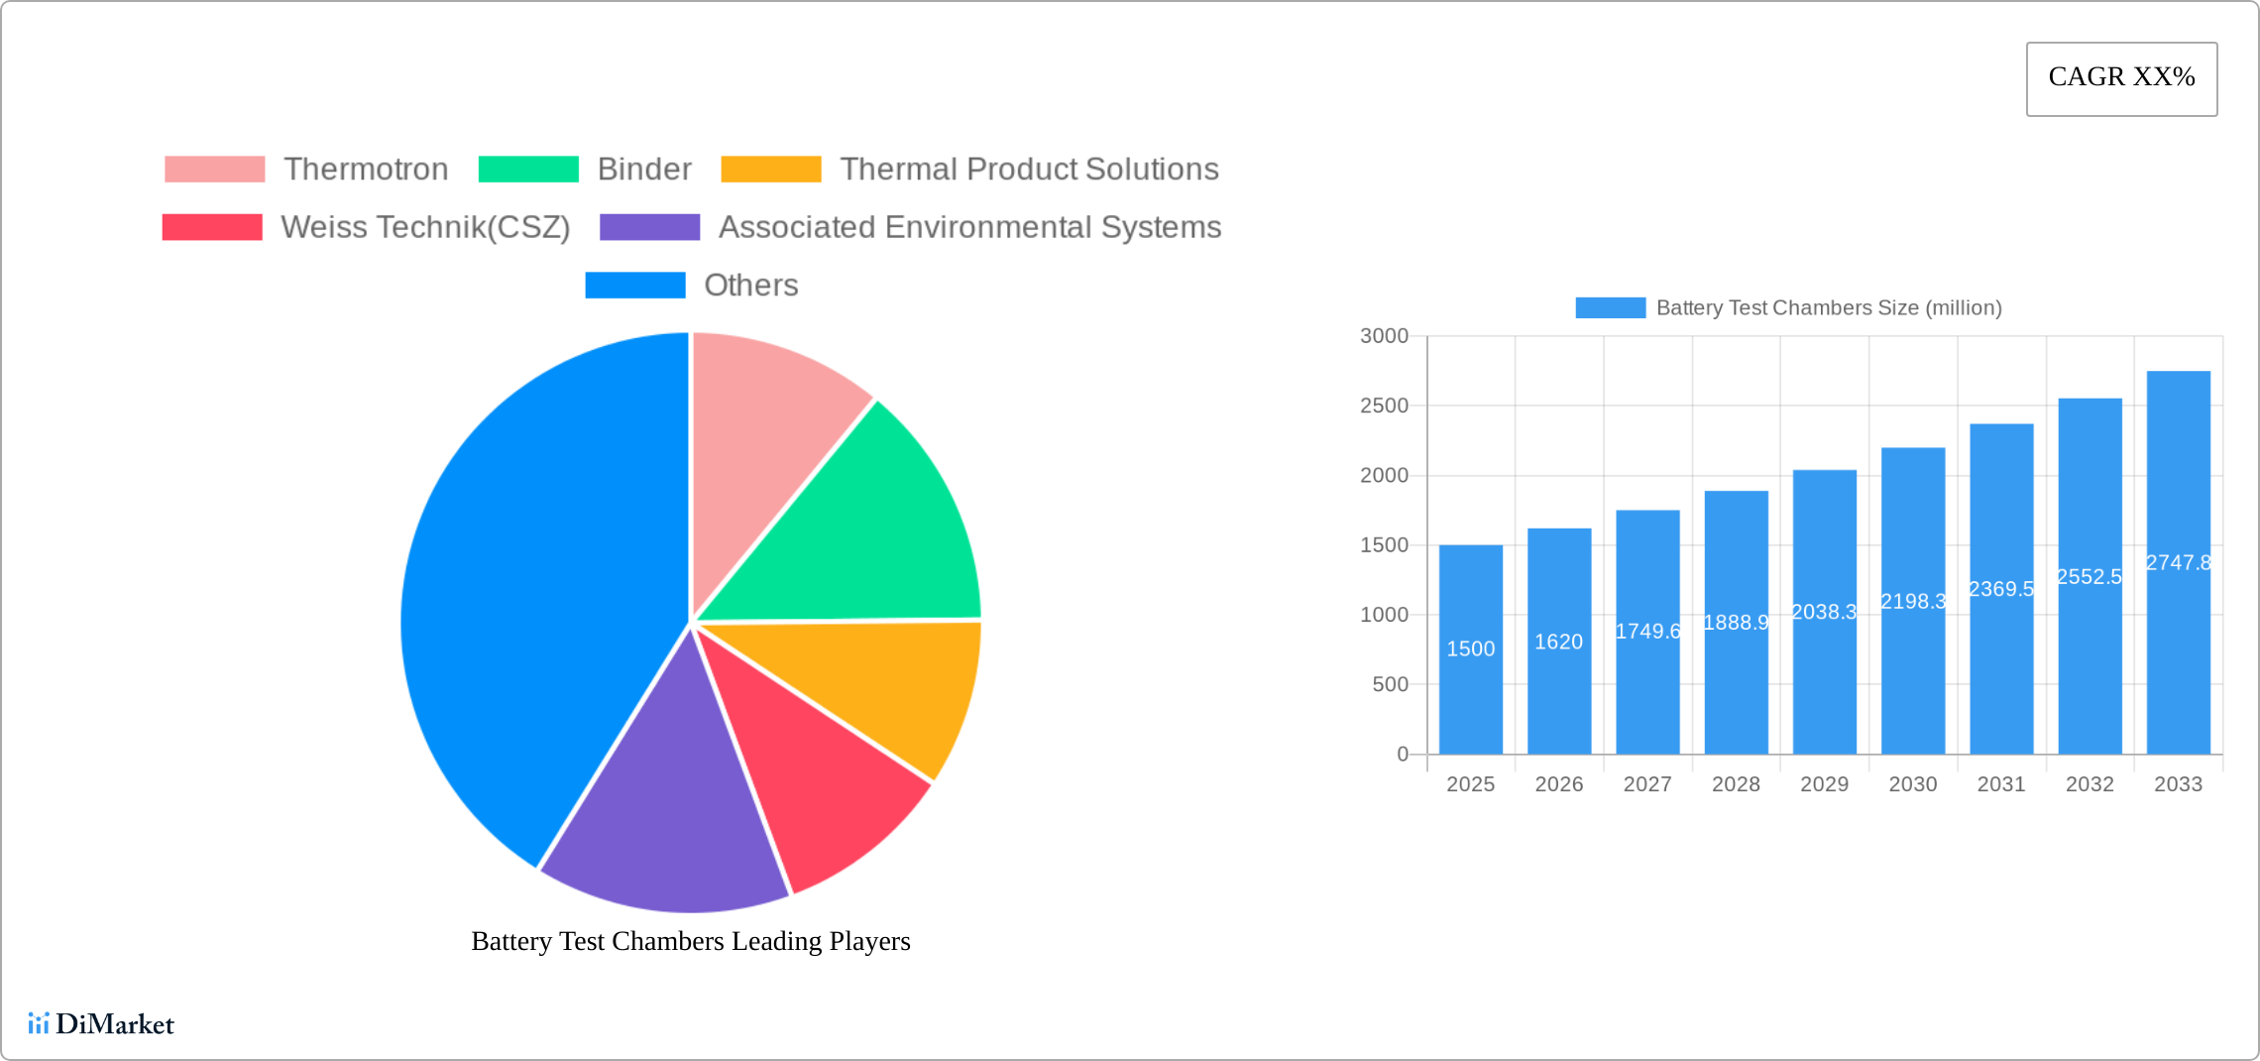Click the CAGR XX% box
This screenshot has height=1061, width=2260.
pyautogui.click(x=2121, y=78)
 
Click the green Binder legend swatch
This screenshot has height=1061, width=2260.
pyautogui.click(x=528, y=170)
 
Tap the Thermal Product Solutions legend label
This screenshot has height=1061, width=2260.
pyautogui.click(x=1029, y=170)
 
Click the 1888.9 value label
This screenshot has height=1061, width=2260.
pyautogui.click(x=1736, y=623)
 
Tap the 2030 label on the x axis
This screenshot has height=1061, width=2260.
pyautogui.click(x=1912, y=784)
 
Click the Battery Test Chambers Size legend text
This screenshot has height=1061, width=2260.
pyautogui.click(x=1828, y=308)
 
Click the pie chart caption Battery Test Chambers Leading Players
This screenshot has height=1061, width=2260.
pyautogui.click(x=690, y=941)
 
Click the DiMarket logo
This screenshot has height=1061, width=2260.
pyautogui.click(x=101, y=1023)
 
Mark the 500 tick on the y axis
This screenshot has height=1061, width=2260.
pyautogui.click(x=1390, y=684)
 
